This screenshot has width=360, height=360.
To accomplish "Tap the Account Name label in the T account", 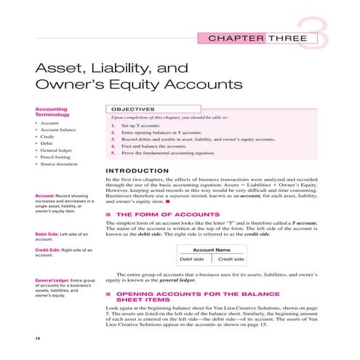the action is pyautogui.click(x=211, y=249).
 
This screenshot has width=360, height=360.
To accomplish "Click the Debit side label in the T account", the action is pyautogui.click(x=193, y=259).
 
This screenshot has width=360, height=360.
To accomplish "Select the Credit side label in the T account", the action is pyautogui.click(x=231, y=259).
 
